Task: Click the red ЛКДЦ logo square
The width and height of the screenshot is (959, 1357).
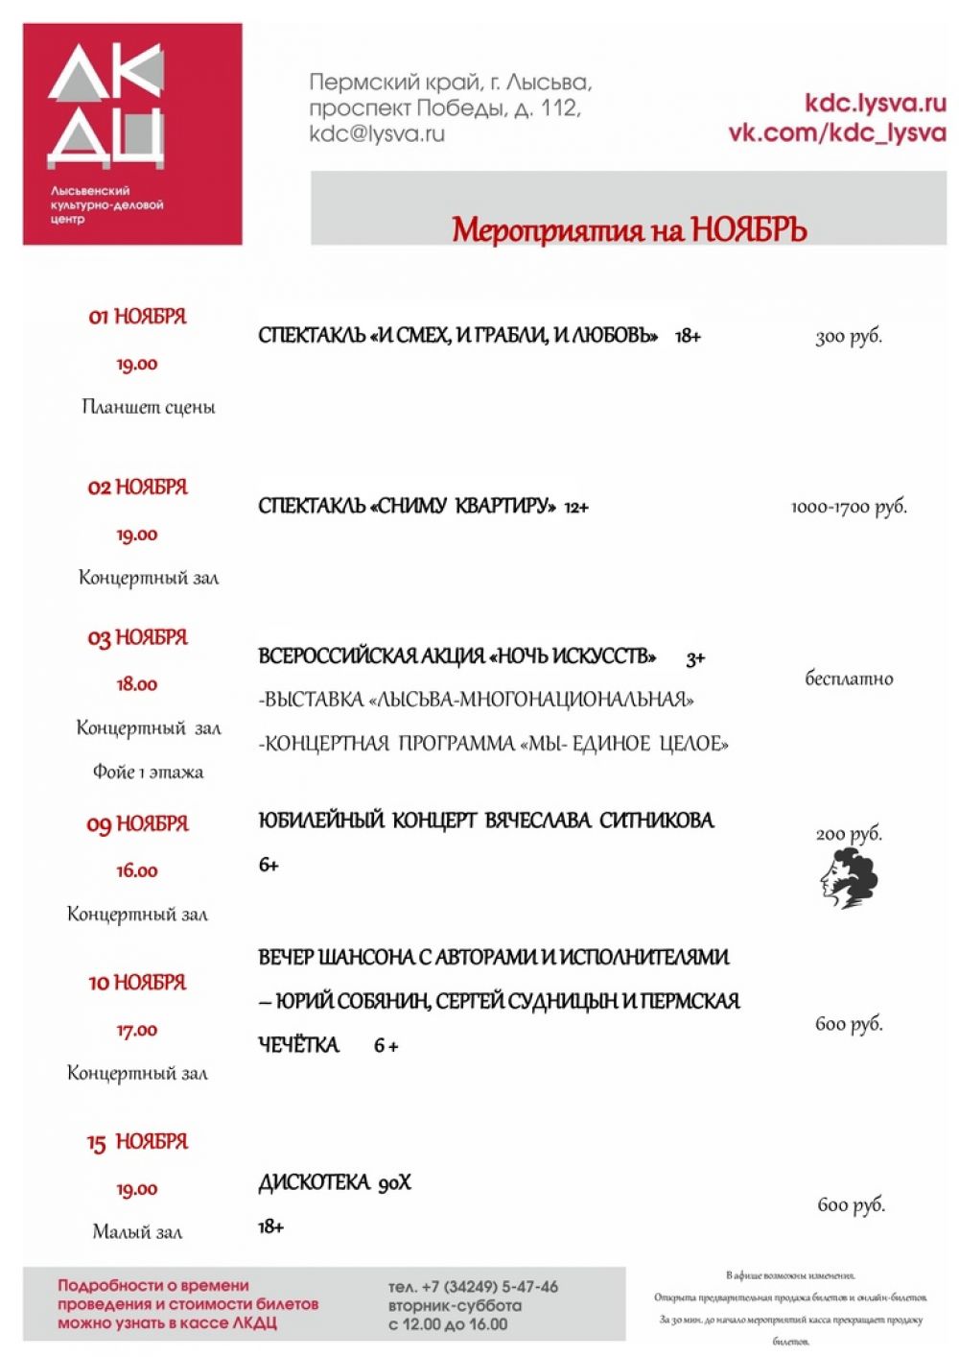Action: coord(132,133)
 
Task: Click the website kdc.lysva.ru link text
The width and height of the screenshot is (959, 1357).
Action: coord(875,103)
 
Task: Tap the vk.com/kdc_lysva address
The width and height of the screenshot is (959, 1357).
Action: coord(836,132)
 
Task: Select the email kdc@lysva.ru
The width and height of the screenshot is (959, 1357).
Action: coord(377,133)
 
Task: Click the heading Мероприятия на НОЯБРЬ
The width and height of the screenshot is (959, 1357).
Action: coord(629,230)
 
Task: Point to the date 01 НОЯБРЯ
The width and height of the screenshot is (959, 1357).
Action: coord(137,317)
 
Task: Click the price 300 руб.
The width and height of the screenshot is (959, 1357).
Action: coord(849,336)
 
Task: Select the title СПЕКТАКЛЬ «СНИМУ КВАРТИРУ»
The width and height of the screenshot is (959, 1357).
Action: coord(407,506)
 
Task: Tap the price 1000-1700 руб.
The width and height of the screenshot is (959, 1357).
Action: coord(849,507)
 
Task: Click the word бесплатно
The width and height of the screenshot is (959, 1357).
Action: coord(849,678)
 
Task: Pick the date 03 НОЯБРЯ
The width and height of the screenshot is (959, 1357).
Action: coord(137,637)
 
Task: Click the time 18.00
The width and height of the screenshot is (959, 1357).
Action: coord(137,684)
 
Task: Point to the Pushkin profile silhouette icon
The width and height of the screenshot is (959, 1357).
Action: coord(849,878)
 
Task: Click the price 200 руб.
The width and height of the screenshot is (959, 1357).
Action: coord(849,833)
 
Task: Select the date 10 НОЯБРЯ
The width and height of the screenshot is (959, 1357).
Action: coord(137,983)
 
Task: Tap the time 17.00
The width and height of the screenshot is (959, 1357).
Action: coord(137,1030)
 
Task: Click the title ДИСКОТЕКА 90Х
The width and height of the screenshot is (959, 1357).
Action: coord(335,1182)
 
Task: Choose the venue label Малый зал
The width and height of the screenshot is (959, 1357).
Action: coord(137,1231)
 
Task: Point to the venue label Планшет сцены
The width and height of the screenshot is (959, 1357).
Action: coord(149,407)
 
